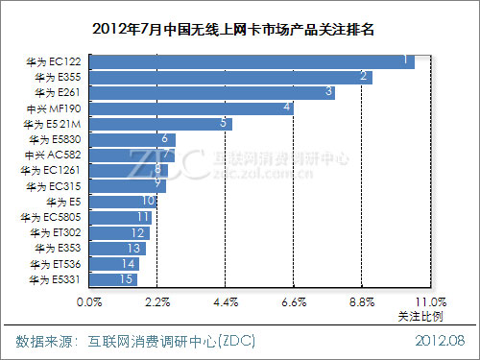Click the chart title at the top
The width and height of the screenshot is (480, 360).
(x=239, y=29)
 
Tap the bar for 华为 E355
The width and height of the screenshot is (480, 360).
(x=230, y=76)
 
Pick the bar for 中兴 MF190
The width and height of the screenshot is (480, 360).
(x=191, y=108)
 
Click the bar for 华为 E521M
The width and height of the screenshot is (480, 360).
(x=160, y=123)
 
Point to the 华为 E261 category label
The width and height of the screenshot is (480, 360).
(x=59, y=92)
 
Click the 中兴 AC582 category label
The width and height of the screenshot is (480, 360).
(x=57, y=155)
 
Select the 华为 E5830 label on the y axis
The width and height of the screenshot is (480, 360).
(x=57, y=139)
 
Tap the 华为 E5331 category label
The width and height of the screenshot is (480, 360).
(x=57, y=279)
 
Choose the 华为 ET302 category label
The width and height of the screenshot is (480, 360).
(x=57, y=232)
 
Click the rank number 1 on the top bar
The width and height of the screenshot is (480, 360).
(x=407, y=60)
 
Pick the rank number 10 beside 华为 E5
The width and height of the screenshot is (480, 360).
(x=148, y=201)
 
